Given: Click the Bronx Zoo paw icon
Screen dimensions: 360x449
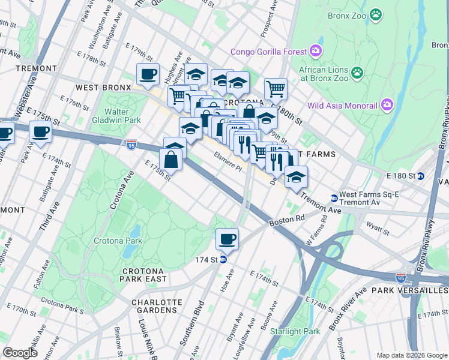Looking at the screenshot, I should tap(376, 14).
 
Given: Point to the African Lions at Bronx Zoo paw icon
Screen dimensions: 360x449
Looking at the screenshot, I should tap(357, 73).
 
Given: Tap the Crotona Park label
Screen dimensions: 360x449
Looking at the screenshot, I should tap(118, 241).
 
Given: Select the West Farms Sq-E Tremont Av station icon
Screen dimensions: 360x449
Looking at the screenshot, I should tap(334, 198).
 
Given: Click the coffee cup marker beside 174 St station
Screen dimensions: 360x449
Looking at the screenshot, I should tap(227, 239).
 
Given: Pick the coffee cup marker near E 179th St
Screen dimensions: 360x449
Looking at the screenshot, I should tap(148, 74).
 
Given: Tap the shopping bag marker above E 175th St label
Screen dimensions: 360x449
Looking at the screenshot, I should tap(171, 159).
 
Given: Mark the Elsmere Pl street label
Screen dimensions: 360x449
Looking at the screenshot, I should tap(228, 162).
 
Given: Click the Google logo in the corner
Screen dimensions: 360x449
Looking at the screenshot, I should tap(20, 353).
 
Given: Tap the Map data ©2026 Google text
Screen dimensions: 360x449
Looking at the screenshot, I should tap(411, 355).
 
